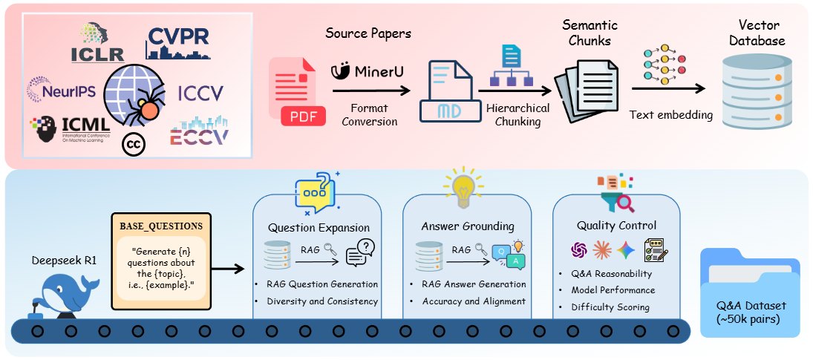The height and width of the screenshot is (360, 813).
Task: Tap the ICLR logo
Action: coord(98,42)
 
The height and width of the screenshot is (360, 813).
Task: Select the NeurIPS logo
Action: coord(61,89)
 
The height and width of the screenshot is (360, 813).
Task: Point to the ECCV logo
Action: coord(199,131)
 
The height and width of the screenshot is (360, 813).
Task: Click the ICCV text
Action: coord(200,94)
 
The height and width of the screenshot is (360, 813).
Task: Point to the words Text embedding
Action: coord(671,115)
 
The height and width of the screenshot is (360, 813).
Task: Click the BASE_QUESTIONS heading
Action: coord(161,227)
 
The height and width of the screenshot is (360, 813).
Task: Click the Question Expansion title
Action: coord(319,228)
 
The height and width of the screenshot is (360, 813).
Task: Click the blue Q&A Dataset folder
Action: coord(750,293)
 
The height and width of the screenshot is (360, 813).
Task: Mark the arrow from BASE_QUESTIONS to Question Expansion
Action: coord(228,269)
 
